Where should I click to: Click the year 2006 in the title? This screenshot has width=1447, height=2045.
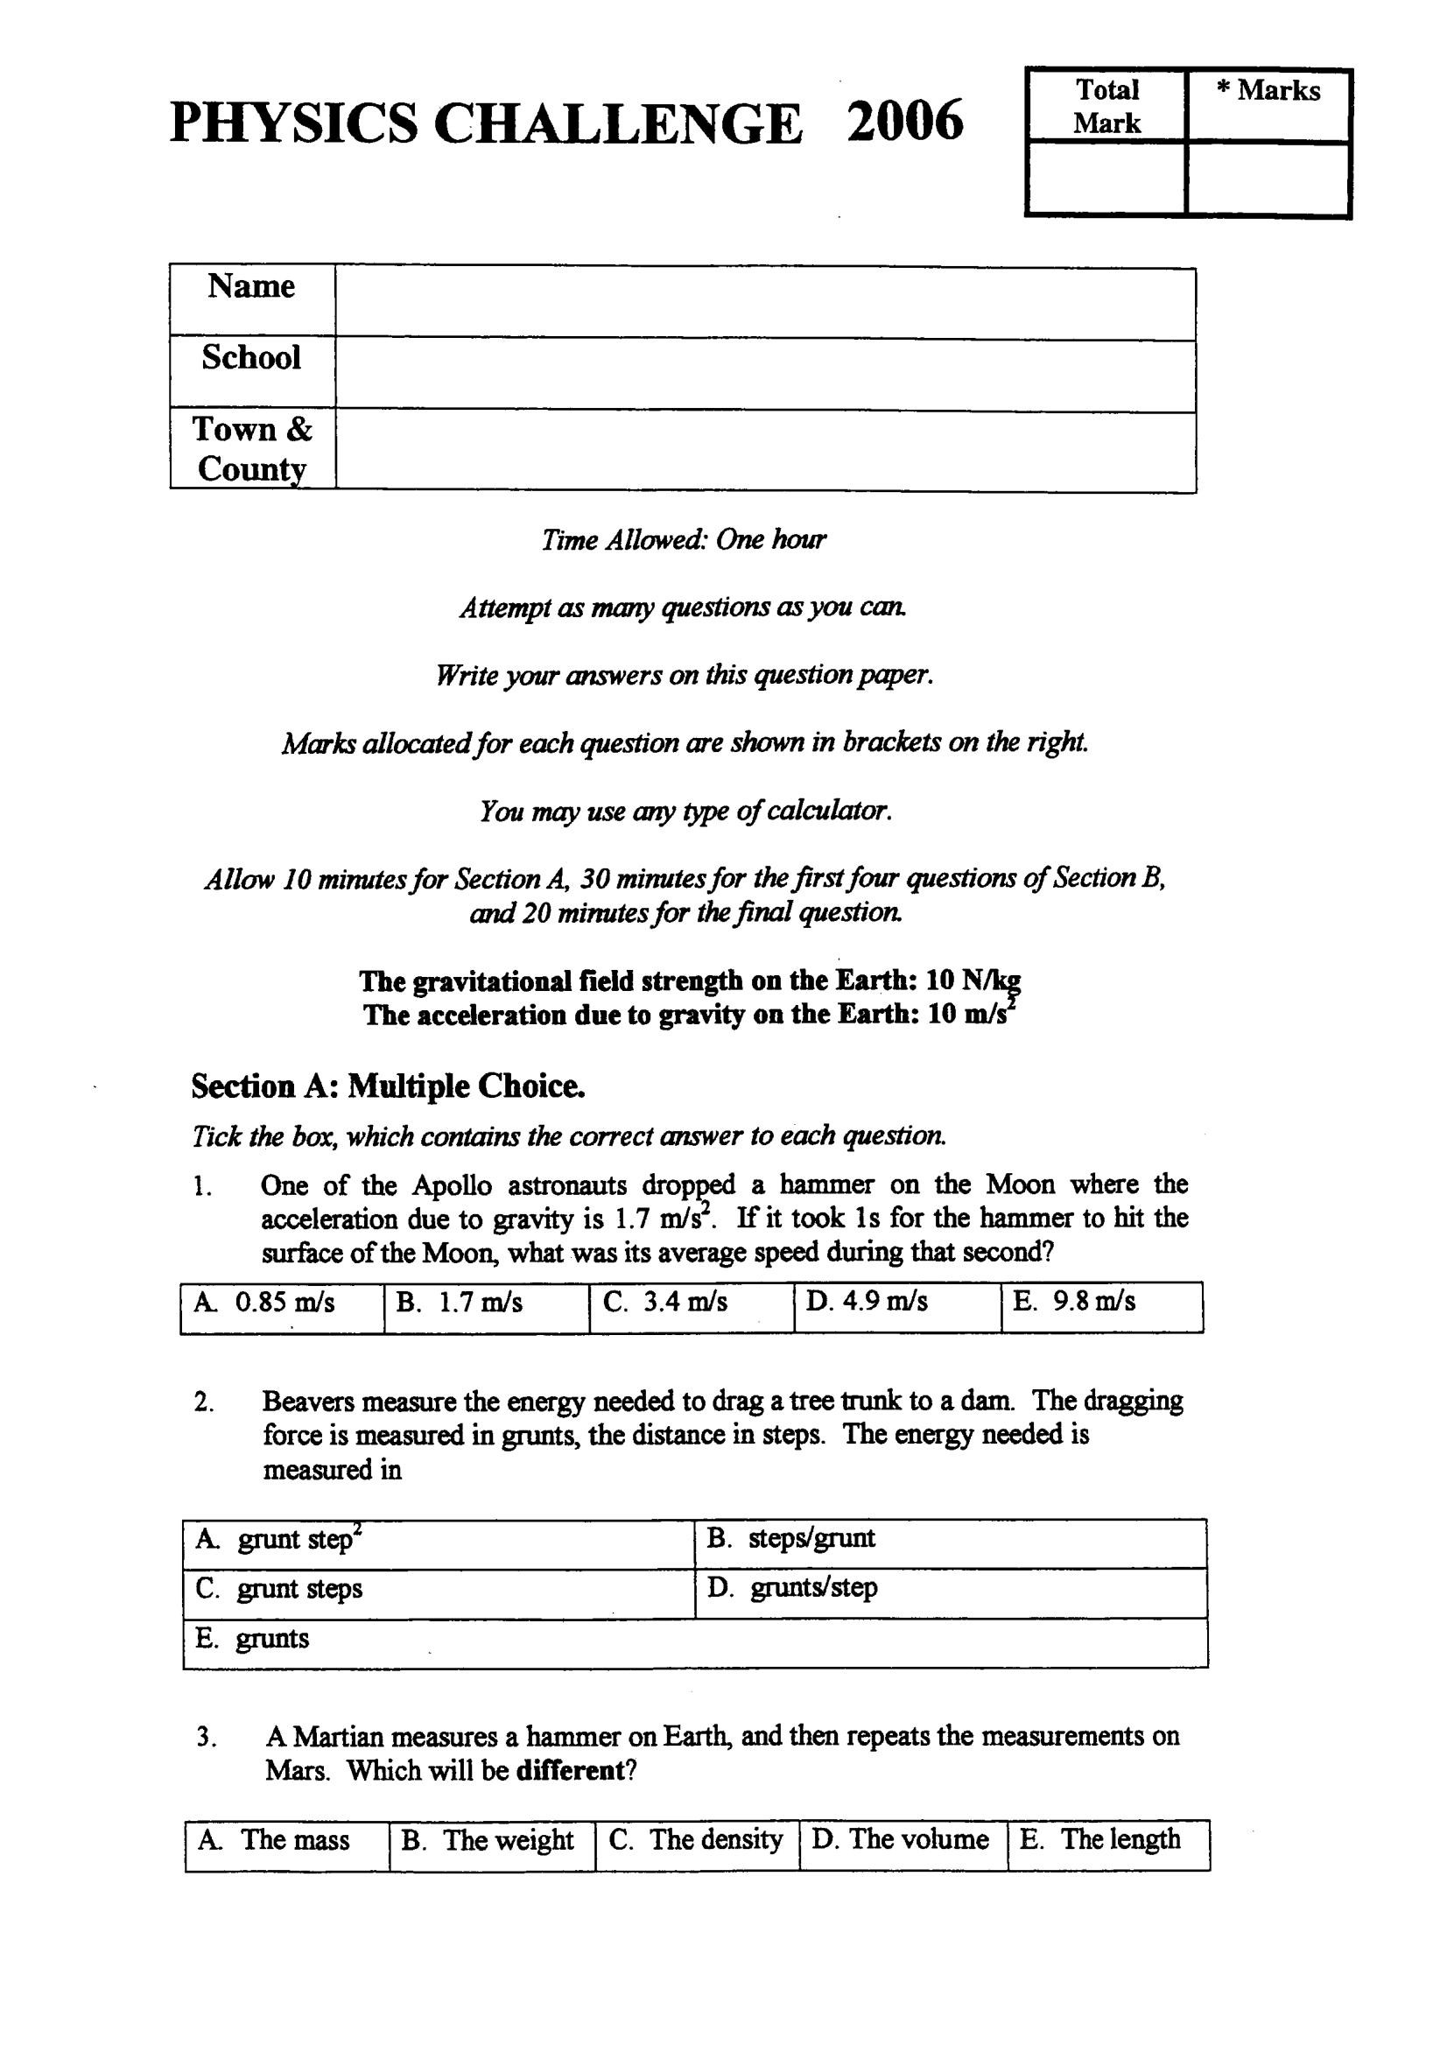tap(904, 121)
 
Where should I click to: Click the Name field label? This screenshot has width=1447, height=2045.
tap(251, 287)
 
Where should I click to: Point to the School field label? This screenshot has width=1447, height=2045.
tap(251, 358)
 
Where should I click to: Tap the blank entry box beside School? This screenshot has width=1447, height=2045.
tap(764, 375)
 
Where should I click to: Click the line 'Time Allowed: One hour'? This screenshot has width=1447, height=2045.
tap(684, 540)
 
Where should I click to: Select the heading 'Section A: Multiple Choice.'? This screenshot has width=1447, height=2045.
tap(388, 1086)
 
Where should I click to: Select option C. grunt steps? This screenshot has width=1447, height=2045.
tap(439, 1589)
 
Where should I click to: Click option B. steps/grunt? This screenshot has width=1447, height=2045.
tap(950, 1539)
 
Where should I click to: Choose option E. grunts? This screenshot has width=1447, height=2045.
tap(695, 1639)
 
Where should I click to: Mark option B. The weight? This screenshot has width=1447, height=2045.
tap(491, 1840)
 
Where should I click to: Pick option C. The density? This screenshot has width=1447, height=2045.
tap(696, 1840)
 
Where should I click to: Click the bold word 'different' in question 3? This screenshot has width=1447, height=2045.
tap(570, 1770)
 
